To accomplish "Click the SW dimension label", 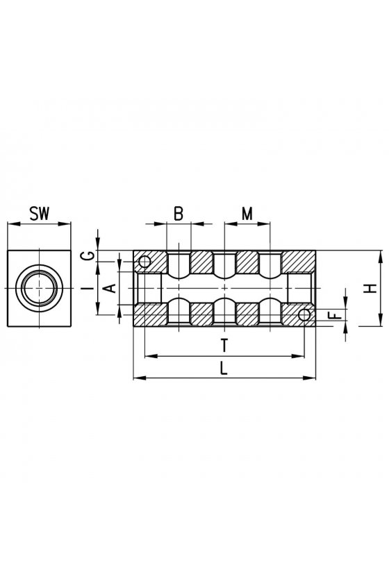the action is point(40,214).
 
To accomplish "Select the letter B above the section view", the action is point(179,214).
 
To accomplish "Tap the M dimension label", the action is point(247,214).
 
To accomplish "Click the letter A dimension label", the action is point(110,288).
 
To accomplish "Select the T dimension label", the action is point(224,346).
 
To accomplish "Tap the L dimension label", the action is point(224,368).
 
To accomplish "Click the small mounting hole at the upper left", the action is point(144,262).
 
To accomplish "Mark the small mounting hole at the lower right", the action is point(304,315).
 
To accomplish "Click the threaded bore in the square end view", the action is point(39,288).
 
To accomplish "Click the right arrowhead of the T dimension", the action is point(299,356).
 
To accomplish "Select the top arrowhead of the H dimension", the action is point(381,256).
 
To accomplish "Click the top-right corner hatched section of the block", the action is point(299,262).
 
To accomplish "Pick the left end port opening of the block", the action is point(148,288).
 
